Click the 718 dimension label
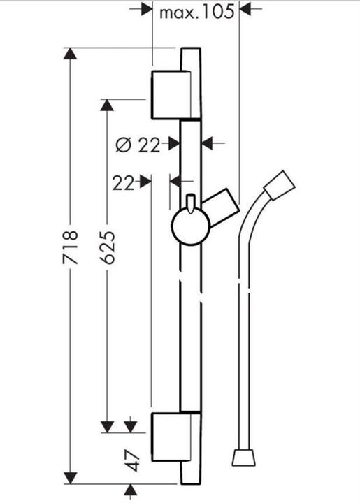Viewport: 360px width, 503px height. coord(71,247)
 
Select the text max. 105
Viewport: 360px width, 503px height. coord(196,12)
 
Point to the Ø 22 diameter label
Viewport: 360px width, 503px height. coord(138,145)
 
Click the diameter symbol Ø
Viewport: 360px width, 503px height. coord(124,145)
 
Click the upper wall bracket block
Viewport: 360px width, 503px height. coord(171,95)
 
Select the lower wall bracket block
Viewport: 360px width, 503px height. coord(171,437)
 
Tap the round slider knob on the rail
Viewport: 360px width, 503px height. coord(191,226)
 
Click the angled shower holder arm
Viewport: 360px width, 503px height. coord(222,204)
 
